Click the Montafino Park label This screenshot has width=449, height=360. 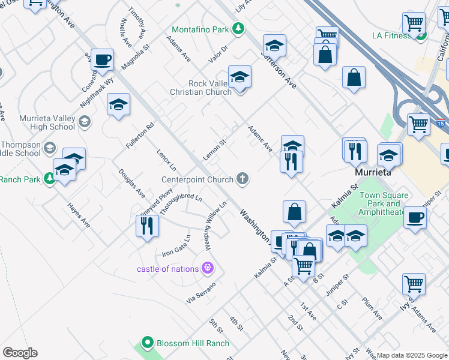tap(200, 29)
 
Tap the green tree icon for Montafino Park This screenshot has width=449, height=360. tap(238, 28)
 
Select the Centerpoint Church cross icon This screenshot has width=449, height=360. tap(243, 178)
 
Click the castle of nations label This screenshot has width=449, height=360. tap(167, 268)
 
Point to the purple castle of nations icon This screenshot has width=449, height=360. tap(208, 268)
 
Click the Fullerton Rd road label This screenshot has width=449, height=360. tap(140, 136)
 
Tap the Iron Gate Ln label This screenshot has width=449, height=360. tap(176, 246)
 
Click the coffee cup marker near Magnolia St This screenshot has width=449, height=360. tap(102, 61)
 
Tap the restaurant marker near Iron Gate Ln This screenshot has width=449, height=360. tap(147, 227)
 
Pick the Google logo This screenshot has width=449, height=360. tap(20, 353)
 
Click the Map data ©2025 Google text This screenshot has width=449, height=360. tap(412, 355)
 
